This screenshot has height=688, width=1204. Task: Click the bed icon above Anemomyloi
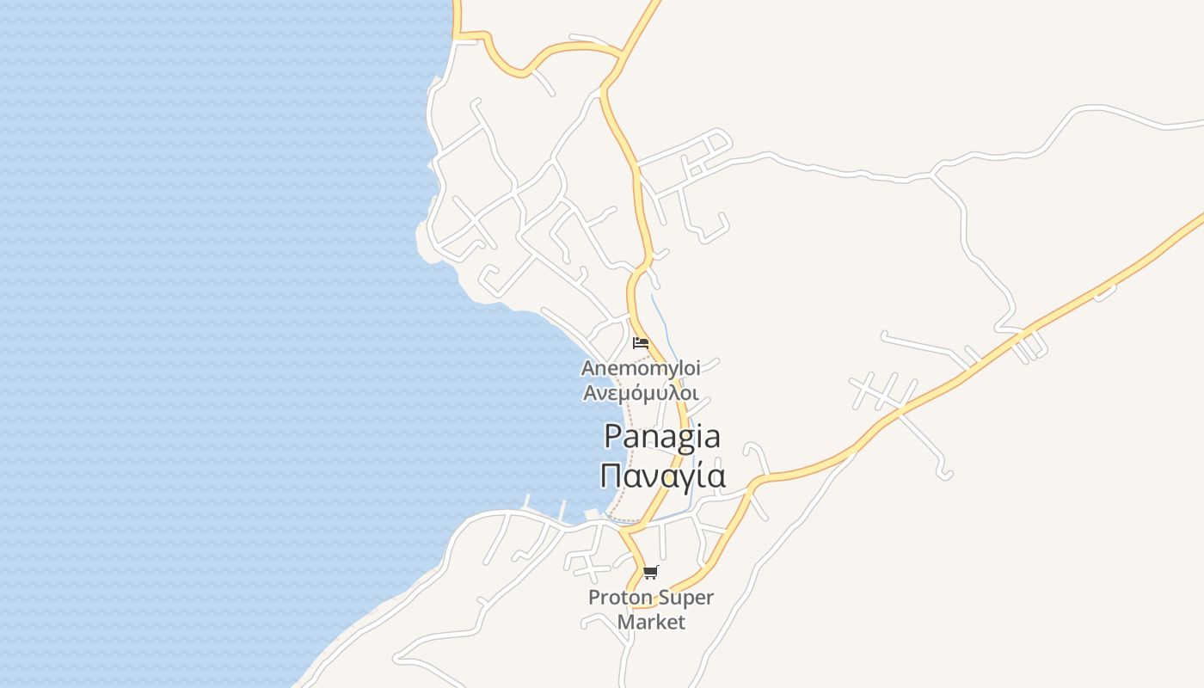pos(640,342)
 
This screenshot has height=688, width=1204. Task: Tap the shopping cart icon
pos(651,572)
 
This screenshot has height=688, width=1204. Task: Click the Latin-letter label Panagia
pos(661,438)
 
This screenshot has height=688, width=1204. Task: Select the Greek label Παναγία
pos(662,475)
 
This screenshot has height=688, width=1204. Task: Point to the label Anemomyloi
pos(641,369)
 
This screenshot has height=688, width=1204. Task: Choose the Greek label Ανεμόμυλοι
pos(641,393)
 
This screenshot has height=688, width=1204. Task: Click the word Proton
pos(619,598)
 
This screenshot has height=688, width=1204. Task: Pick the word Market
pos(651,622)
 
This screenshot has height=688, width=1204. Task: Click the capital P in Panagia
pos(613,436)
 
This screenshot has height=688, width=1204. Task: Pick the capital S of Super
pos(662,598)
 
